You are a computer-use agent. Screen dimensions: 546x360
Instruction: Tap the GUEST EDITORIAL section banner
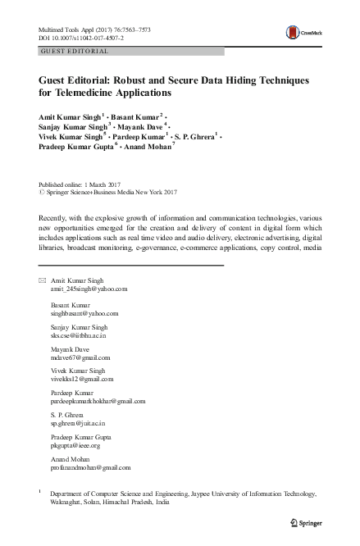pos(73,51)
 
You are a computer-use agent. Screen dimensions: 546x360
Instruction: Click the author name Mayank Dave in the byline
pos(140,128)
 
